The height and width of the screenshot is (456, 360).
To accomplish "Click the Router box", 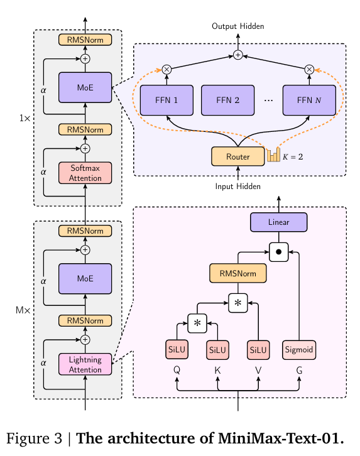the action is click(238, 156).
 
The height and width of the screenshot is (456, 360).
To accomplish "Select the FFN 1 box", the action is click(166, 100).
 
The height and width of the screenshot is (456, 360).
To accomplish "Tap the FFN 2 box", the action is click(227, 100).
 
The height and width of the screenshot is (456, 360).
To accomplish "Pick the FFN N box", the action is click(309, 100).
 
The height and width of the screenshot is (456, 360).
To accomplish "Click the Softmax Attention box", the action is click(85, 173).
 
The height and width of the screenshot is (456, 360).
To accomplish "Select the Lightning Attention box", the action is click(85, 364).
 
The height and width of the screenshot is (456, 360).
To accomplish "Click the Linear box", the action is click(278, 222).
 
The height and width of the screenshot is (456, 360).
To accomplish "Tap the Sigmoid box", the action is click(299, 350).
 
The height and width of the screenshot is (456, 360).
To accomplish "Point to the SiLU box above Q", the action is click(177, 350).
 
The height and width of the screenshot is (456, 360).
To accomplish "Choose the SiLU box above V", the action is click(258, 350).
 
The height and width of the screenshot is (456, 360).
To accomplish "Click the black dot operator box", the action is click(278, 252).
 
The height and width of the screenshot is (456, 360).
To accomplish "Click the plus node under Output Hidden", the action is click(238, 55).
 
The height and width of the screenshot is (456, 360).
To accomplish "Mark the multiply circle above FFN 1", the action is click(166, 70).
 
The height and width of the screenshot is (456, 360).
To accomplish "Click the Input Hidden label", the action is click(238, 187).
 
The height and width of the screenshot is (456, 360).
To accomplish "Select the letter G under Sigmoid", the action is click(299, 370).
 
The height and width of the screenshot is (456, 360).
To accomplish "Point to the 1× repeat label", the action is click(25, 118).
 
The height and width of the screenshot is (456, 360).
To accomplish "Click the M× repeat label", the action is click(23, 310).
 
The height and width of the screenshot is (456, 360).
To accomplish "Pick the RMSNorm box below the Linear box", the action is click(238, 273).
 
